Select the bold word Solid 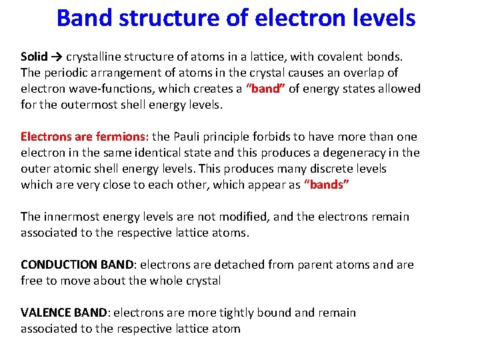34,57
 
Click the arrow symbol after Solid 57,57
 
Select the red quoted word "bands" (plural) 327,185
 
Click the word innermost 70,217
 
